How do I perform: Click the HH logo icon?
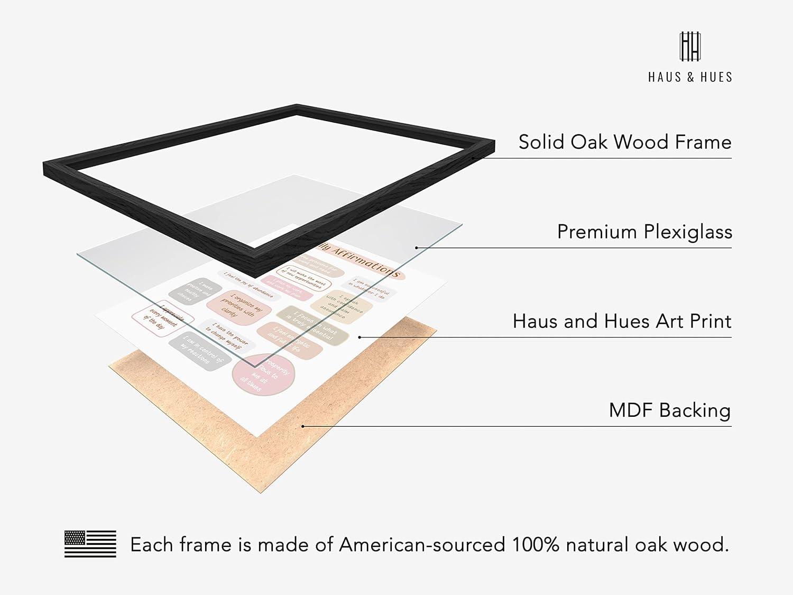[x=690, y=46]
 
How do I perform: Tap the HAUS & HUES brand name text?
[x=690, y=77]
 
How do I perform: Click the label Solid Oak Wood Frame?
[x=625, y=142]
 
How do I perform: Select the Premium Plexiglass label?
[x=644, y=232]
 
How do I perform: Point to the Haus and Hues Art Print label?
[x=622, y=321]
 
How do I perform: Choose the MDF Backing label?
[x=670, y=410]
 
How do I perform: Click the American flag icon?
[x=90, y=544]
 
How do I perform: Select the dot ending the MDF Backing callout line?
[x=303, y=426]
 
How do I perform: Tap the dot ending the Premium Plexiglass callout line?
[x=417, y=248]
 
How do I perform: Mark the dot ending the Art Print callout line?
[x=359, y=337]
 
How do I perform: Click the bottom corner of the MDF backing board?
[x=260, y=492]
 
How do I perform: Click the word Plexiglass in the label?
[x=687, y=232]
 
